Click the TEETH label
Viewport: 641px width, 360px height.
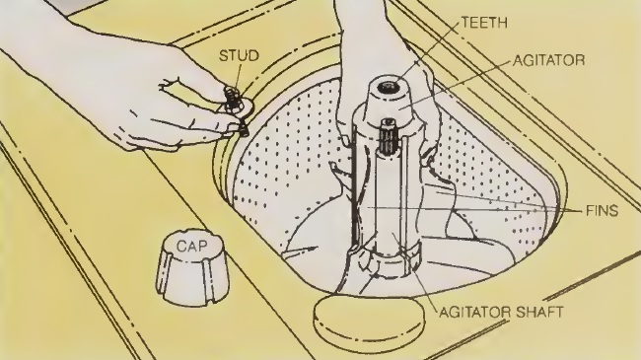click(x=485, y=22)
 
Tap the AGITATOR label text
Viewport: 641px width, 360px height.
click(x=549, y=60)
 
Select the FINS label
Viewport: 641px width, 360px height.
click(x=602, y=211)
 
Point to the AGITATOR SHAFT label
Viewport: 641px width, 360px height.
click(x=501, y=312)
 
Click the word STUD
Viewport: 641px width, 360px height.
click(x=240, y=55)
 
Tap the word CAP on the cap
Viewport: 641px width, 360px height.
click(x=191, y=246)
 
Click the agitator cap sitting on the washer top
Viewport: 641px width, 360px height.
click(x=192, y=267)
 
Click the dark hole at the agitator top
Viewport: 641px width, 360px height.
click(x=386, y=87)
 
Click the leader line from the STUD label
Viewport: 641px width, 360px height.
click(x=237, y=75)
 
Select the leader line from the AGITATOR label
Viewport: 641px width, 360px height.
click(x=455, y=84)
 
